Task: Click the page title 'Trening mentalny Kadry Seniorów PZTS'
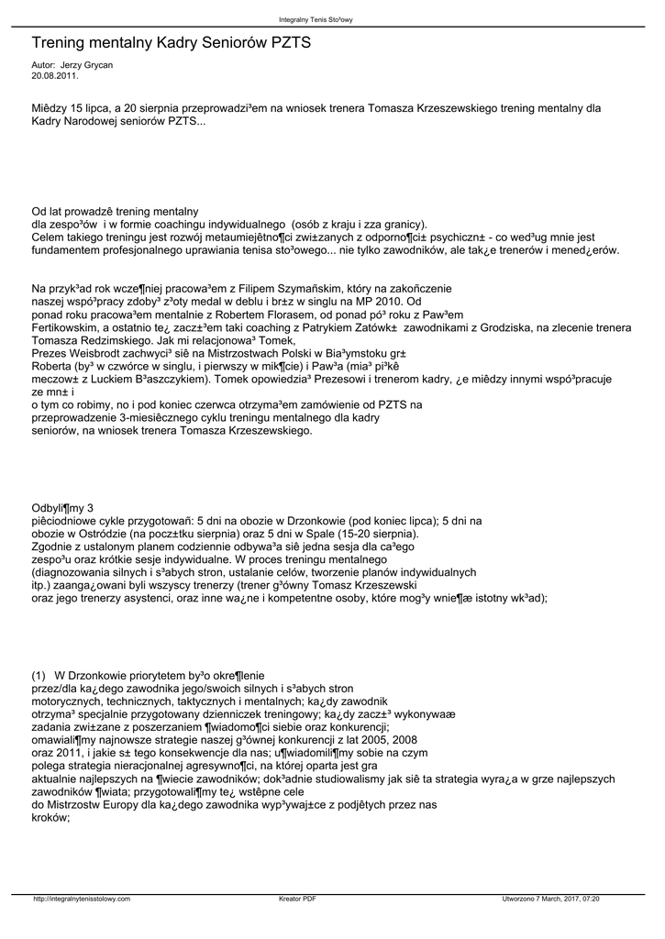(172, 43)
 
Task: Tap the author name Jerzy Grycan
(85, 66)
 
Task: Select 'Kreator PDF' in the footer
(297, 899)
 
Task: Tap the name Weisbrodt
(103, 352)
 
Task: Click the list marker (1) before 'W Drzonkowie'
(39, 675)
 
